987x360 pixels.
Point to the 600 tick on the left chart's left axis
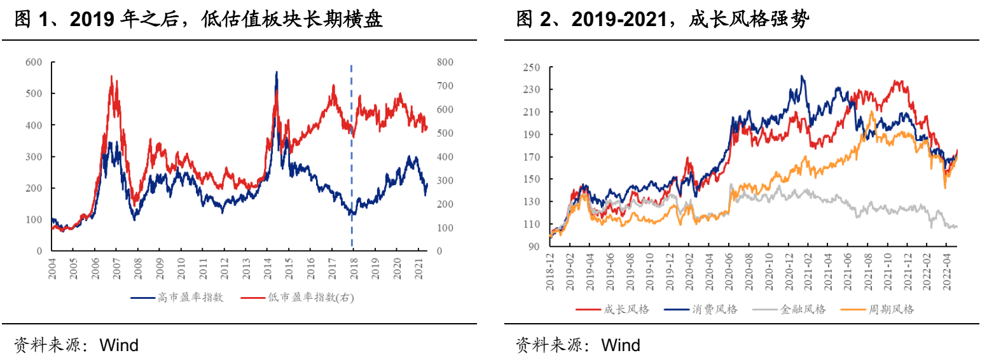[x=34, y=62]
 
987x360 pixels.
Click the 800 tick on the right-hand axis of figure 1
[x=445, y=62]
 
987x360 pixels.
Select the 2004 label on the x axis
[x=52, y=267]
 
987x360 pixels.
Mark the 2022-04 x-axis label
[x=946, y=274]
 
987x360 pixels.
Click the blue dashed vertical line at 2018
[x=352, y=159]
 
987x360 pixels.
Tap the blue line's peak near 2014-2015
[x=276, y=73]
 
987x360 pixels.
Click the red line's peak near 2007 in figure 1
[x=112, y=76]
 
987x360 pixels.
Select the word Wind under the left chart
[x=119, y=345]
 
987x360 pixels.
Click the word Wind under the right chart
[x=621, y=345]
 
